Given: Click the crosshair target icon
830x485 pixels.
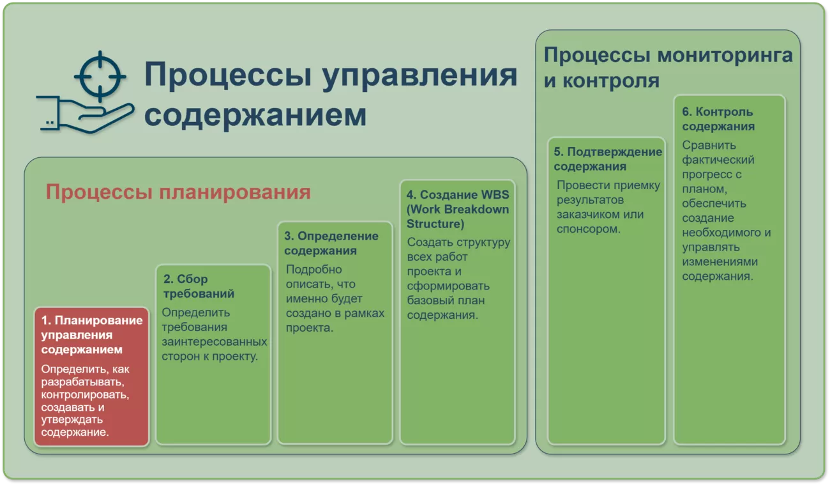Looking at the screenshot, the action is (x=100, y=77).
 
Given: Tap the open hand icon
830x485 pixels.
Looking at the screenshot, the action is (x=85, y=114).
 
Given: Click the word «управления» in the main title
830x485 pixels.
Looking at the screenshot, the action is (x=419, y=76).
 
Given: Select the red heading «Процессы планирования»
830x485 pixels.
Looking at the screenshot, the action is (x=178, y=192).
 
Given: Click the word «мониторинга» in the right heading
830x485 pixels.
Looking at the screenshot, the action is (x=725, y=56).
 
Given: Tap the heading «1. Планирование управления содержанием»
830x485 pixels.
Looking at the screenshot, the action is (x=92, y=334).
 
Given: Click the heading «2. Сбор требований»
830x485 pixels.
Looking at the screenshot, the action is (x=199, y=286).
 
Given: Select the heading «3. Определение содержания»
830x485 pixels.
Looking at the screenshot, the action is (x=331, y=243).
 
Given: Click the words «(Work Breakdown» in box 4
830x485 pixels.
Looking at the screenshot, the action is (x=458, y=209).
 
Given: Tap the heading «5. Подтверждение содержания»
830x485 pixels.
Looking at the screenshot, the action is (x=608, y=158).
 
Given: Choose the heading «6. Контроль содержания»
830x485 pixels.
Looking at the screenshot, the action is (x=718, y=119).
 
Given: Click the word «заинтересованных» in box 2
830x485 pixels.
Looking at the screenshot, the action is (x=214, y=341).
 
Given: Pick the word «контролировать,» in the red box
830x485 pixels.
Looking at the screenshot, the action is (x=85, y=394).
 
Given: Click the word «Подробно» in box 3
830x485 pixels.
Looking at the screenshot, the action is (x=313, y=269).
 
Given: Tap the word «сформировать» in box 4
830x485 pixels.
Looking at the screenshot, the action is (x=448, y=286).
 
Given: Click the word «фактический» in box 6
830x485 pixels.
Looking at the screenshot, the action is (x=718, y=160).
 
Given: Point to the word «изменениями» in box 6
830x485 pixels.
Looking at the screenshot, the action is (x=720, y=261).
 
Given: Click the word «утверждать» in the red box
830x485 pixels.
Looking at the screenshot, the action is (x=72, y=420).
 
